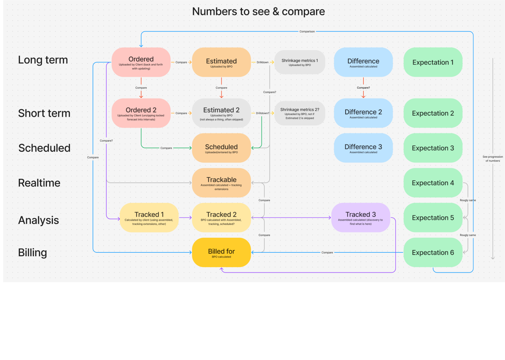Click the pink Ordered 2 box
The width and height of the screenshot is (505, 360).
141,113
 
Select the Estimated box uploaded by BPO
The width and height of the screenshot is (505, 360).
221,62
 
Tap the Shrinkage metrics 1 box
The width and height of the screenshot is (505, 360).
300,62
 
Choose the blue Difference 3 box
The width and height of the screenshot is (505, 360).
363,148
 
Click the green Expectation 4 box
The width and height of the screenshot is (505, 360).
433,183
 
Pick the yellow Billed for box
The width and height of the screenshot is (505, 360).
221,252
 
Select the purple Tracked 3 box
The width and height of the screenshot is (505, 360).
361,217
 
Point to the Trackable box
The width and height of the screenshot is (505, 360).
221,183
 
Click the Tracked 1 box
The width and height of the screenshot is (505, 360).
149,217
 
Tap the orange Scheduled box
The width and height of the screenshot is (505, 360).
221,148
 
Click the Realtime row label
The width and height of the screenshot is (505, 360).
39,183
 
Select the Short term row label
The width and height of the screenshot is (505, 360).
44,113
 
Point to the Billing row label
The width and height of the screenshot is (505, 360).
33,252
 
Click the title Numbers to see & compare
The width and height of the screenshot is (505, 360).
258,12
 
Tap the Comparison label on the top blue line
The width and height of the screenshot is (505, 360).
307,32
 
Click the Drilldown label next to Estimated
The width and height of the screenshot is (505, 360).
262,62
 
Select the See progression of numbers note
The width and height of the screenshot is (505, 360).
492,159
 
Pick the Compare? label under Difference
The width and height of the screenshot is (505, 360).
363,88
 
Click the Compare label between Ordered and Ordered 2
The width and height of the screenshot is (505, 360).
141,88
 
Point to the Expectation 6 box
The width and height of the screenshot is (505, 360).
433,252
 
